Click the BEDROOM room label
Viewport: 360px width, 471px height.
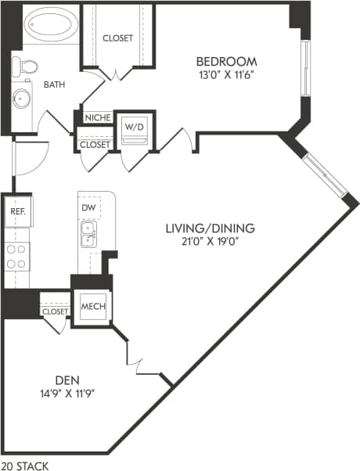pyautogui.click(x=225, y=62)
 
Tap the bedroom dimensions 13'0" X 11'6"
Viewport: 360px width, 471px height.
pyautogui.click(x=225, y=75)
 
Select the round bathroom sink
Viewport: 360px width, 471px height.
pyautogui.click(x=20, y=99)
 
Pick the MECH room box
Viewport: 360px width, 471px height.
pyautogui.click(x=92, y=306)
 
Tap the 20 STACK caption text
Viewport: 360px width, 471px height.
pyautogui.click(x=24, y=466)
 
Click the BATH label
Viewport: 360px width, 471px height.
pyautogui.click(x=54, y=84)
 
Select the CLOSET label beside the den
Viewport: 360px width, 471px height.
pyautogui.click(x=55, y=311)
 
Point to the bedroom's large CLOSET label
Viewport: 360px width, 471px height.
pyautogui.click(x=117, y=38)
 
